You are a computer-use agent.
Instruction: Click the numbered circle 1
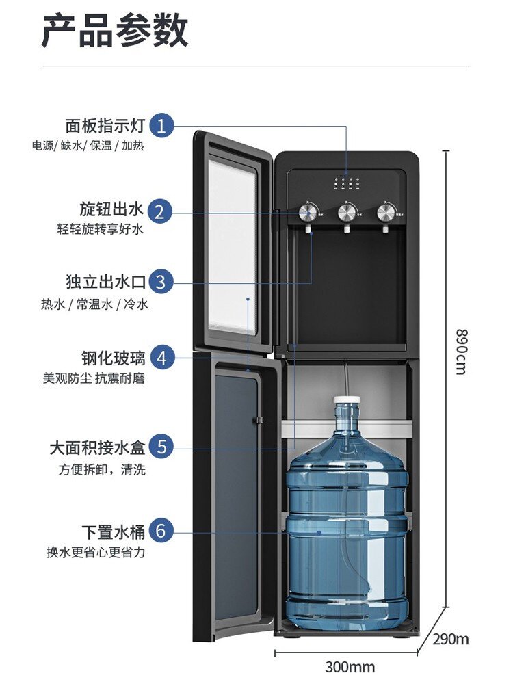[161, 126]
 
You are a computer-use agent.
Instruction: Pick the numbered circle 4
[161, 357]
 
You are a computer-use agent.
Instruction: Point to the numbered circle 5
[161, 447]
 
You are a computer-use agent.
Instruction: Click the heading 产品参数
[115, 31]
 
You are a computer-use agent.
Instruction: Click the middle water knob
[347, 213]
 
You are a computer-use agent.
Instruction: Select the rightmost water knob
[386, 213]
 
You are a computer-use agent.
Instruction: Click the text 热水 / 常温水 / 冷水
[94, 304]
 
